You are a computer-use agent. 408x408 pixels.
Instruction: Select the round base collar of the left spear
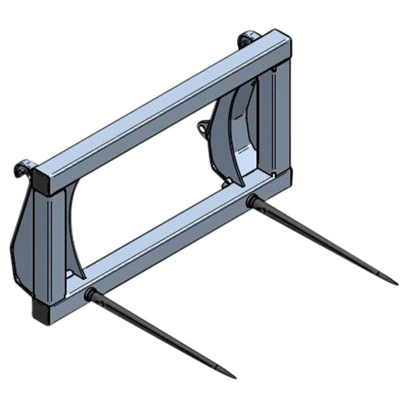point(89,293)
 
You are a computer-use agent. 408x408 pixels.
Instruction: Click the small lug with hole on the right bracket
point(200,130)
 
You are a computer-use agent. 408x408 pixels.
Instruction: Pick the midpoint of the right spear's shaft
point(325,241)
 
